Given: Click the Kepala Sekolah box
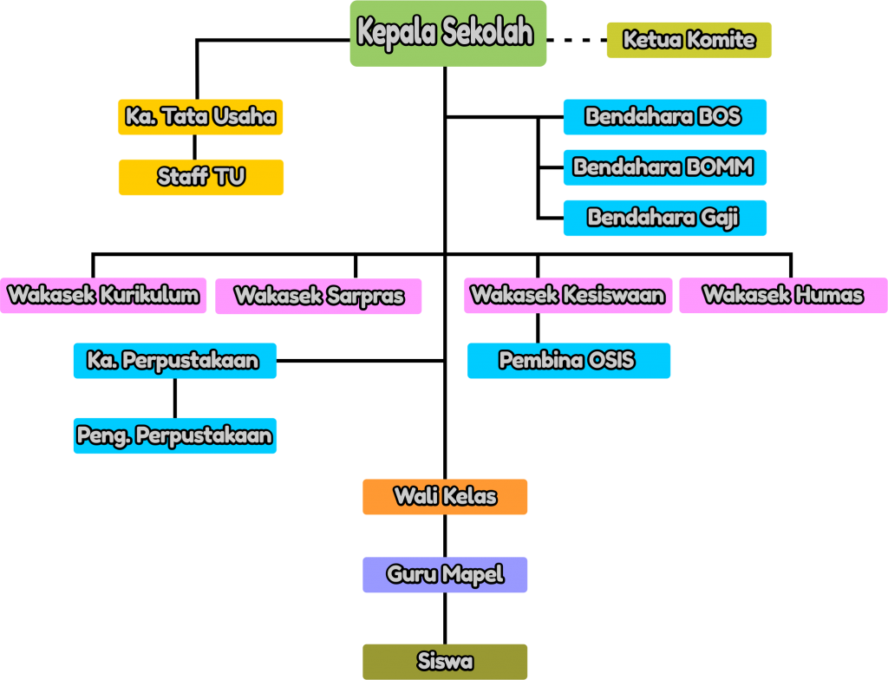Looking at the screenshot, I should point(447,33).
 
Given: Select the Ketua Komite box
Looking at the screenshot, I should point(689,40).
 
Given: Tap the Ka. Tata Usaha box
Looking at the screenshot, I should point(200,117).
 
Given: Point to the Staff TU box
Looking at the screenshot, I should point(200,177).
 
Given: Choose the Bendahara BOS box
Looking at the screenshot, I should point(664,117).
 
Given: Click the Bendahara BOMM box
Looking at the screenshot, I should point(664,167).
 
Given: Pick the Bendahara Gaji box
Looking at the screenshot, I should point(664,218).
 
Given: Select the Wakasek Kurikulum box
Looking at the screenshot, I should point(103,296).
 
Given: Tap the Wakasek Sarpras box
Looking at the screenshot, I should point(318,297).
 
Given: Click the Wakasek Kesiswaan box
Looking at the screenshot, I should point(567,296).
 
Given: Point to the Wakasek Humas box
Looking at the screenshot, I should point(783,296).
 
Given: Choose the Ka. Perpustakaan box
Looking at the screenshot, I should point(174,361).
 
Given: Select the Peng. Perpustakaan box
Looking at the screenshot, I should point(174,435).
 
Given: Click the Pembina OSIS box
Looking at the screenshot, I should point(568,361).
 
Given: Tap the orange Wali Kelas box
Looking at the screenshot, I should point(445,497).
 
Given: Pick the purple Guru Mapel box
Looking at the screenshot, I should point(445,575).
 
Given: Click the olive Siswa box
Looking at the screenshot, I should point(445,662).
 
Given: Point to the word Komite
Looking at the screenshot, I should point(721,40).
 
